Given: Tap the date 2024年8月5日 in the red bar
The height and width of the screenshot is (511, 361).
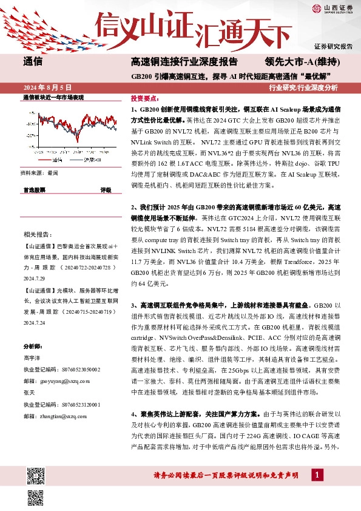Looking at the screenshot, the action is click(x=47, y=87).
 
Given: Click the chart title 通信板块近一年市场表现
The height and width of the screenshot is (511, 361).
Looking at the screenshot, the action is click(x=53, y=98).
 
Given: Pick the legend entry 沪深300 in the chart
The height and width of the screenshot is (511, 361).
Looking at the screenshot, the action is click(x=92, y=161).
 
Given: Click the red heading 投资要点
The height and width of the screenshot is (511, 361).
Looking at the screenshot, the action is click(x=144, y=97).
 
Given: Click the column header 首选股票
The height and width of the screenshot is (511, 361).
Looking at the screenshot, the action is click(x=34, y=189).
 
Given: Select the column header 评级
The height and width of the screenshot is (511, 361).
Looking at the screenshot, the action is click(x=105, y=189).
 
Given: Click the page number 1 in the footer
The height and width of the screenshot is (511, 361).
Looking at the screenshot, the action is click(x=316, y=475).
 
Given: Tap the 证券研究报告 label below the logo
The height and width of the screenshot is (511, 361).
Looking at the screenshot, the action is click(x=333, y=46).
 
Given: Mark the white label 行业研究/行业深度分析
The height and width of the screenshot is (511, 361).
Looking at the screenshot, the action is click(x=303, y=87).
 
